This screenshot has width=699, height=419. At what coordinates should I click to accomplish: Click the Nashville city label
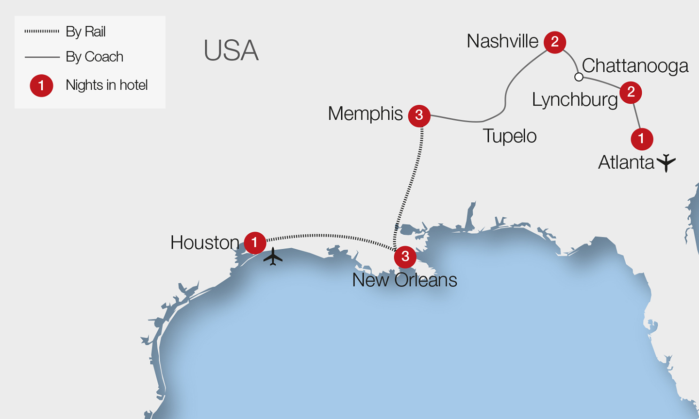pyautogui.click(x=502, y=41)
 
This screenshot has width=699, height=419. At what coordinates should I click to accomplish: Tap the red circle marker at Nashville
pyautogui.click(x=555, y=42)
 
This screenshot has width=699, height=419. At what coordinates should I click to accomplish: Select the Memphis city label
pyautogui.click(x=365, y=114)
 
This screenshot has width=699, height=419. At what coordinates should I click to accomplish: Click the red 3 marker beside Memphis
pyautogui.click(x=419, y=115)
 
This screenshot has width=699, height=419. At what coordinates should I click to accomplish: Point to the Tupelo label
pyautogui.click(x=509, y=136)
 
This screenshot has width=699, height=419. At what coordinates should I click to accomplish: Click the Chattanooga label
pyautogui.click(x=634, y=66)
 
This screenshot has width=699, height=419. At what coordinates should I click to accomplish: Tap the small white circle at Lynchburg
pyautogui.click(x=579, y=77)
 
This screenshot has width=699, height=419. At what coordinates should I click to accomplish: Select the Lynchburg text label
pyautogui.click(x=575, y=100)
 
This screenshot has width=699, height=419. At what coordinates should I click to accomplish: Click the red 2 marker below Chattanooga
pyautogui.click(x=631, y=92)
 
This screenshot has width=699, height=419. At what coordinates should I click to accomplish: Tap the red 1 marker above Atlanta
pyautogui.click(x=641, y=139)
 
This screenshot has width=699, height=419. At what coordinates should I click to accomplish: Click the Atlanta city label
pyautogui.click(x=626, y=162)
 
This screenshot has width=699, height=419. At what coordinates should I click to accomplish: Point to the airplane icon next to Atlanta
pyautogui.click(x=666, y=162)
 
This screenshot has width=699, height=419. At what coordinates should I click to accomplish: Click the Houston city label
pyautogui.click(x=204, y=242)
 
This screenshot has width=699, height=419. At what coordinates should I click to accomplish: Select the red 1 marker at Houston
pyautogui.click(x=254, y=242)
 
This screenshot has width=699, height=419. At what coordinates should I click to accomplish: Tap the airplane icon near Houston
pyautogui.click(x=273, y=257)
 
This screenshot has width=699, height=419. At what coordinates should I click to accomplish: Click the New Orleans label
pyautogui.click(x=404, y=280)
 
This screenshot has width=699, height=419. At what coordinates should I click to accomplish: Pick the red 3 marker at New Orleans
pyautogui.click(x=405, y=257)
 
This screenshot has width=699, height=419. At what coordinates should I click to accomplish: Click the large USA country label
pyautogui.click(x=231, y=50)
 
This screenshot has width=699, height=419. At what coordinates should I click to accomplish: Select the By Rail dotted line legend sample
pyautogui.click(x=42, y=31)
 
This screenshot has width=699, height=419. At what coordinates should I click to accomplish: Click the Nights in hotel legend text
pyautogui.click(x=106, y=85)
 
